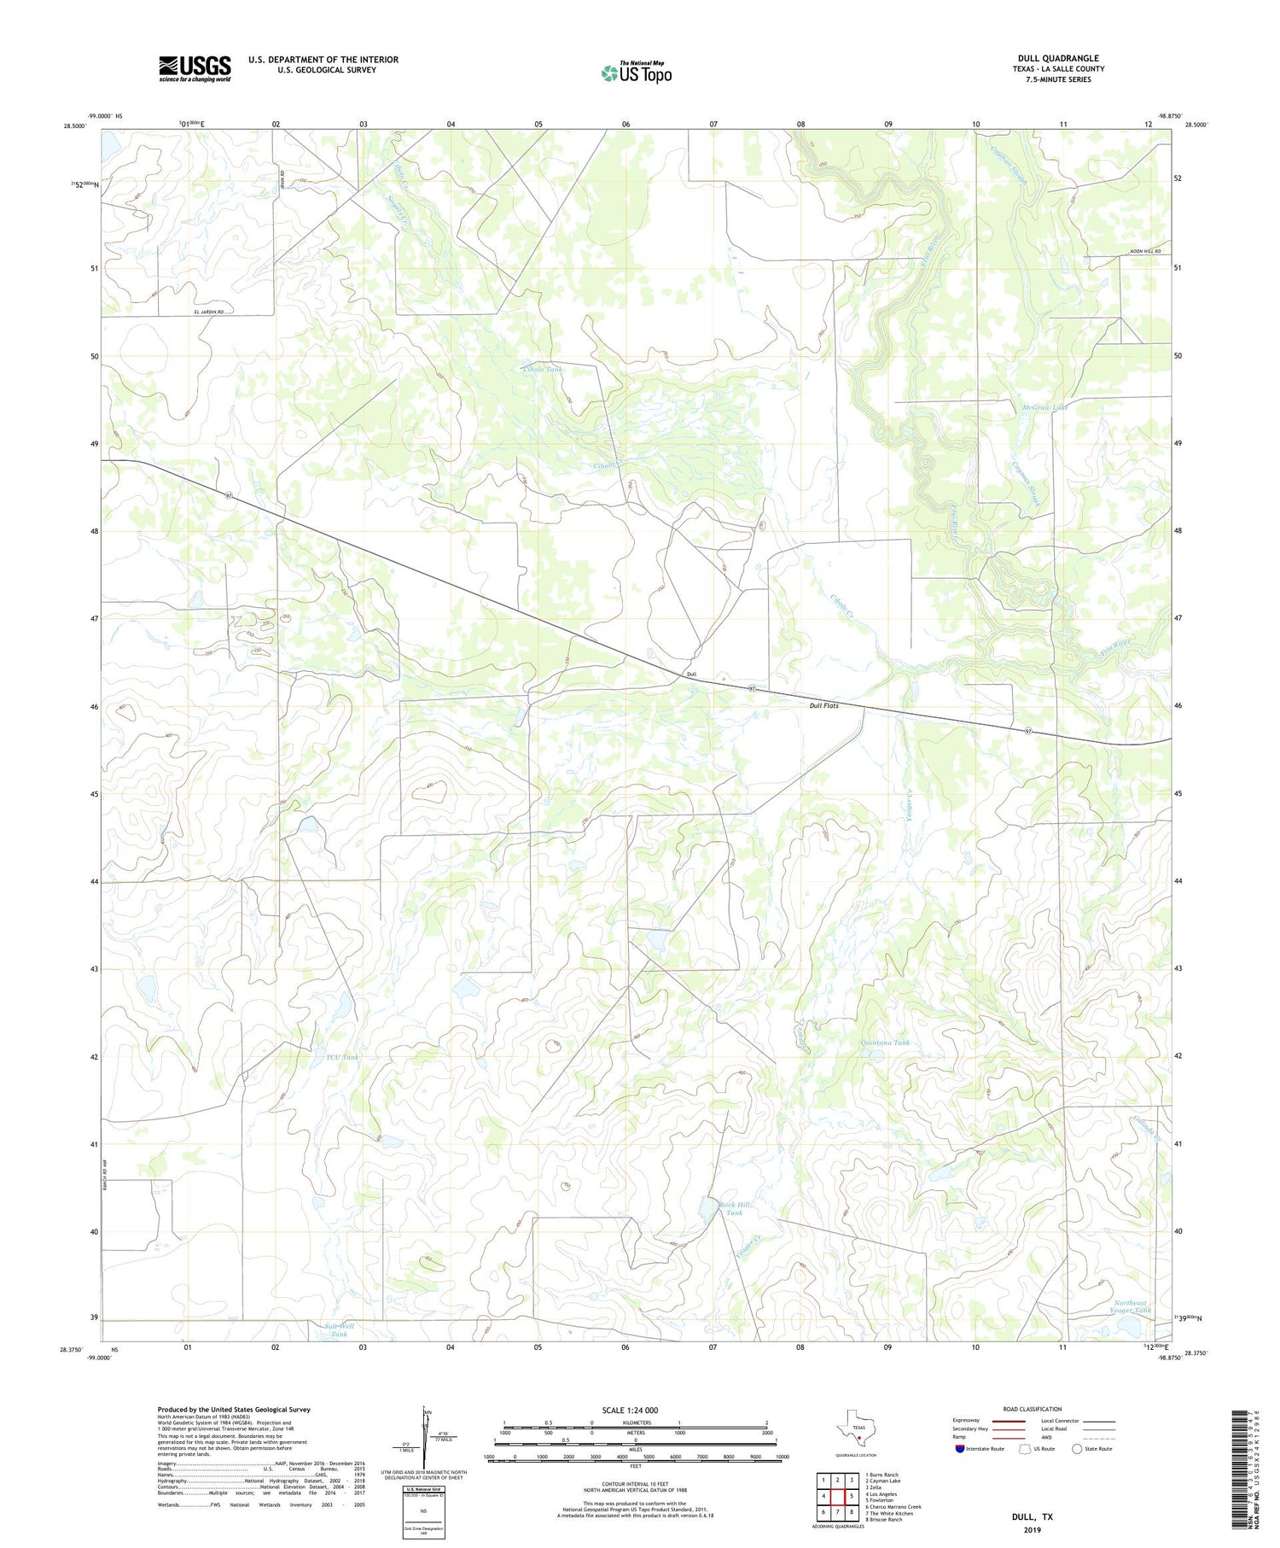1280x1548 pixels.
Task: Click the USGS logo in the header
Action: coord(195,68)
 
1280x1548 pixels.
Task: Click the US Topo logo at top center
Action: coord(636,73)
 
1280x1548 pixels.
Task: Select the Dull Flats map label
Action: coord(823,705)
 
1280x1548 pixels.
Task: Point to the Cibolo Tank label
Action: coord(543,369)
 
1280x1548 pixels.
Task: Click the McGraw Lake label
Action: coord(1044,407)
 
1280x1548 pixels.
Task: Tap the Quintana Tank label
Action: coord(886,1043)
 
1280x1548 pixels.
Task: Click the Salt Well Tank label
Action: coord(339,1329)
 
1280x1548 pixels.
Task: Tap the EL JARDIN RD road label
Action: coord(213,313)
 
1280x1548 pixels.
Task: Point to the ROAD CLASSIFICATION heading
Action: coord(1033,1409)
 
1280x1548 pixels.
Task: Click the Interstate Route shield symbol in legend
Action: coord(961,1449)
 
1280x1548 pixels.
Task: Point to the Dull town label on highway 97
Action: coord(691,675)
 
